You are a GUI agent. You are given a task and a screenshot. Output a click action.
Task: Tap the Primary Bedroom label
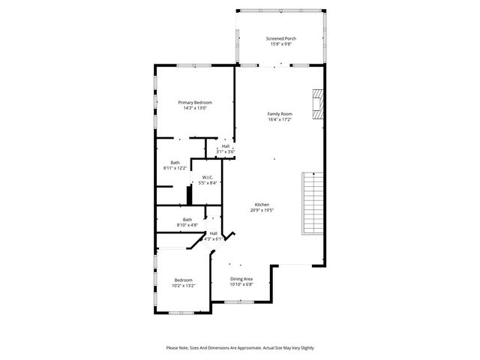point(194,102)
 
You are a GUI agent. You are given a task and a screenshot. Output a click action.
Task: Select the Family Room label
point(280,114)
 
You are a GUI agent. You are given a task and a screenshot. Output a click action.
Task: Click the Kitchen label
point(262,205)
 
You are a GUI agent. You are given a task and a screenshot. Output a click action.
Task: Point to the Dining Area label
point(241,279)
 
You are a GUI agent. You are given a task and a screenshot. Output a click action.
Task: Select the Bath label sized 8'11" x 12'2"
point(175,163)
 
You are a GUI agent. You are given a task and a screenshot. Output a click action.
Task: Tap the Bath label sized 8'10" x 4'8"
point(187,220)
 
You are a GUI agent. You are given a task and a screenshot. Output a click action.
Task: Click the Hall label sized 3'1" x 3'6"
point(225,146)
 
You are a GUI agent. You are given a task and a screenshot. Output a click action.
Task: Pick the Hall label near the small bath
point(213,233)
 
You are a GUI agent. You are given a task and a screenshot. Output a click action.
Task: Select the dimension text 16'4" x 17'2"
point(280,119)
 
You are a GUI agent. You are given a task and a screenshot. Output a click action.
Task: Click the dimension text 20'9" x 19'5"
point(262,211)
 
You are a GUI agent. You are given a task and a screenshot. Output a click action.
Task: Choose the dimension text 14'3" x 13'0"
point(194,108)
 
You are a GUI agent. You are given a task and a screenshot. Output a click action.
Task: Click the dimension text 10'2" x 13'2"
point(184,285)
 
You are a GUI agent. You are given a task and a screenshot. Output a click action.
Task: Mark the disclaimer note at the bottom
point(240,347)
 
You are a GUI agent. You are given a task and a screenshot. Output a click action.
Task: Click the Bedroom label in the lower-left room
point(184,280)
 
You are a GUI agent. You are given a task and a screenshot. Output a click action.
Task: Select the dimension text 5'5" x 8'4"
point(208,183)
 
